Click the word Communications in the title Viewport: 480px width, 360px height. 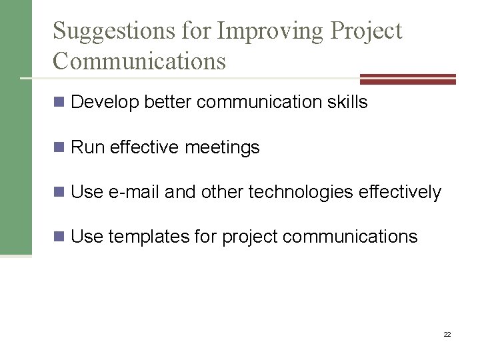coord(139,61)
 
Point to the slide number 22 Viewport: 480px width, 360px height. coord(447,333)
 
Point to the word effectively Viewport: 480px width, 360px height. coord(399,193)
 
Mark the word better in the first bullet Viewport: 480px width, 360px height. coord(164,103)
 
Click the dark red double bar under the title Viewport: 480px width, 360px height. coord(407,79)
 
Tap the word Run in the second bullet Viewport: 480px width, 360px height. coord(85,147)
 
